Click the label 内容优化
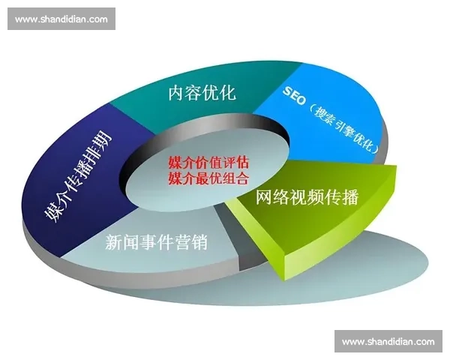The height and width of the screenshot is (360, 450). point(202,93)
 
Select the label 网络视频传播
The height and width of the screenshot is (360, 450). point(307,197)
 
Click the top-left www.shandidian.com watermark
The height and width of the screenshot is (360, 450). point(61,19)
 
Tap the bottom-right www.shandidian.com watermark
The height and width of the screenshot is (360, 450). point(388,342)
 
